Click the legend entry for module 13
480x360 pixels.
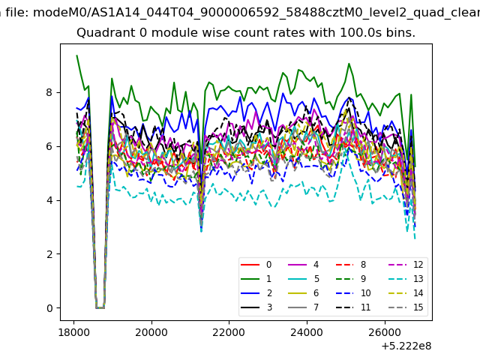(406, 279)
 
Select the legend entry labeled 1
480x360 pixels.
(256, 279)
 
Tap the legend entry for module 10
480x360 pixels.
(353, 293)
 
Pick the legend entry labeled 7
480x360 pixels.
(304, 307)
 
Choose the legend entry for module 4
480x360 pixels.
(304, 265)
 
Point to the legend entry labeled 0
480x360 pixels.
(256, 265)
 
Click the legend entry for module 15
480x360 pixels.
(406, 307)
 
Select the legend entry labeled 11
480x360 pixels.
(353, 307)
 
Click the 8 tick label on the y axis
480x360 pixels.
(49, 92)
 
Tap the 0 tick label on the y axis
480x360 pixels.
(49, 308)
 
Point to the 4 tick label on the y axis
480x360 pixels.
(49, 200)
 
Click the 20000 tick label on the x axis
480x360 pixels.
(151, 332)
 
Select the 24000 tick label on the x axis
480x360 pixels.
(307, 332)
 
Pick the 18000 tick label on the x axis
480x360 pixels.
(73, 332)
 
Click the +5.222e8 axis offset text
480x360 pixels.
(406, 346)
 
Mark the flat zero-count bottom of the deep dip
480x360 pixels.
(100, 307)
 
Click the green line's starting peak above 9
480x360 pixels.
(76, 55)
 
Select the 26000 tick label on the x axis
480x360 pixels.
(384, 332)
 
